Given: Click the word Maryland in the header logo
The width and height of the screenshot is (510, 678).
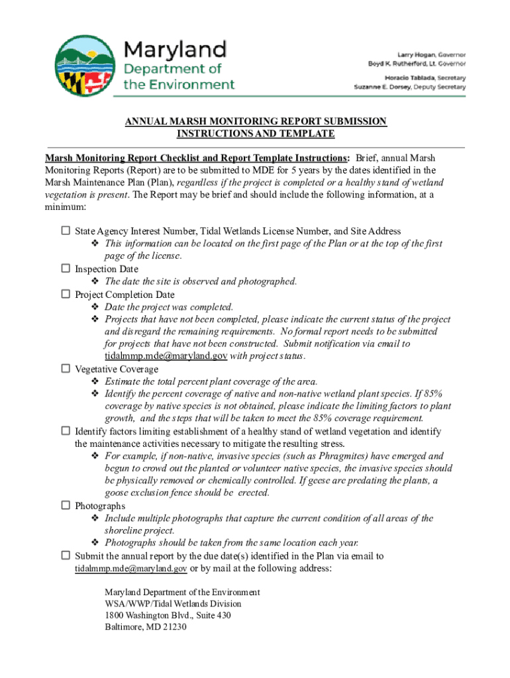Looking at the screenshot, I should pyautogui.click(x=175, y=49).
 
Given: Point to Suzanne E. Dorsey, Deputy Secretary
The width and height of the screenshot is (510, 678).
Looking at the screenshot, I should pyautogui.click(x=410, y=87).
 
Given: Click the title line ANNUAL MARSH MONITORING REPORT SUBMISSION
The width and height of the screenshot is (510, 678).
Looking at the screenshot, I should pyautogui.click(x=255, y=121).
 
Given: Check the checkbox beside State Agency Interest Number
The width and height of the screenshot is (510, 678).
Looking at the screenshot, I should pyautogui.click(x=66, y=231).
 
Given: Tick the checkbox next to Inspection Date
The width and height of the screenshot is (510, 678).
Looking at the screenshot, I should pyautogui.click(x=66, y=269).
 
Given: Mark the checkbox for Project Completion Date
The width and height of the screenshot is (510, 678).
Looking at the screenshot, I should pyautogui.click(x=66, y=294).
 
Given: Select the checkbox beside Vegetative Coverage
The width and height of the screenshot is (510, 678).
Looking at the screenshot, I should pyautogui.click(x=66, y=369).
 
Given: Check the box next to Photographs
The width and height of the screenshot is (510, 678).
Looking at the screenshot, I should pyautogui.click(x=66, y=506).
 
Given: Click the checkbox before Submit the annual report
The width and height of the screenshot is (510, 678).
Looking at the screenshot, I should pyautogui.click(x=66, y=556).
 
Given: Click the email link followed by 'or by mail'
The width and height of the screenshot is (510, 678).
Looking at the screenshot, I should pyautogui.click(x=131, y=568).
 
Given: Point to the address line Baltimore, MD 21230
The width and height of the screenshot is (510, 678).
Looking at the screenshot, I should pyautogui.click(x=146, y=627).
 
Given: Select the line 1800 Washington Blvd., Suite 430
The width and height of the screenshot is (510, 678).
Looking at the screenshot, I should pyautogui.click(x=168, y=615).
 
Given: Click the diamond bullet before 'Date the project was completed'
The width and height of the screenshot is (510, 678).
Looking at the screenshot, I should pyautogui.click(x=95, y=307).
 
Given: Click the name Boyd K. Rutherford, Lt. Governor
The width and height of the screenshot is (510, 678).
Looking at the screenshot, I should pyautogui.click(x=417, y=64).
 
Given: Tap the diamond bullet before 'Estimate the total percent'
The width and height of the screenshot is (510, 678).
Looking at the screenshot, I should pyautogui.click(x=95, y=381).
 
